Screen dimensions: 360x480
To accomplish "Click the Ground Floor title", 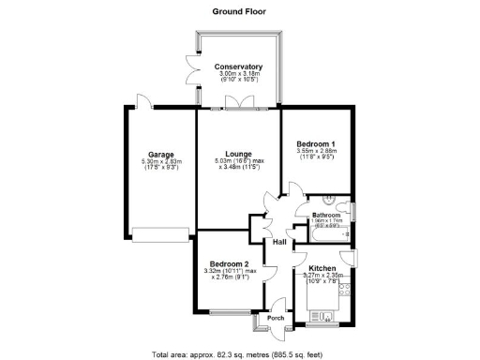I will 237,11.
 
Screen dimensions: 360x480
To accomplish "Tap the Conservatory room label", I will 237,67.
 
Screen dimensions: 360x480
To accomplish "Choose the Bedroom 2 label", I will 229,264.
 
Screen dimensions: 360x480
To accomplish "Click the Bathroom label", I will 325,216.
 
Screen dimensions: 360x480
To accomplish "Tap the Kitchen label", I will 322,269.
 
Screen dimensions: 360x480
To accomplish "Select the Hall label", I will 278,243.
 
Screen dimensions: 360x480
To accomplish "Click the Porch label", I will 276,318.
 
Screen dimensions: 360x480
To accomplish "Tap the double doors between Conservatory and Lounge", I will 247,103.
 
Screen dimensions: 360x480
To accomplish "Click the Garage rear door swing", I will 140,100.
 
